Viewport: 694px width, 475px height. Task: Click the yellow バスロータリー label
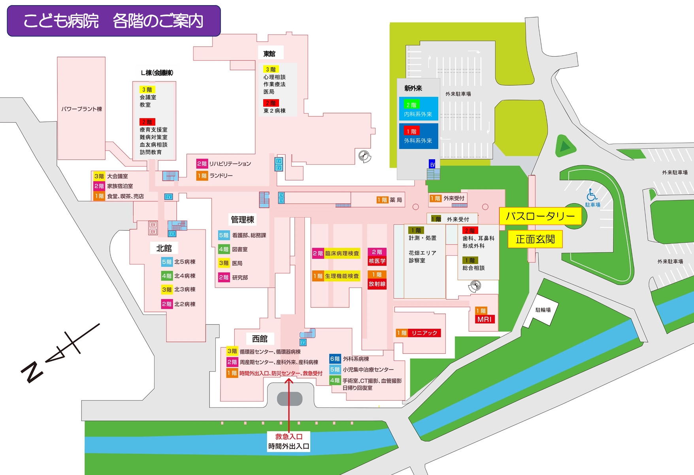click(x=540, y=216)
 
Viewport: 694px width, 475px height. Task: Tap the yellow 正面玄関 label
click(x=535, y=239)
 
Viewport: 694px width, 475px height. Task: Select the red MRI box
click(x=485, y=319)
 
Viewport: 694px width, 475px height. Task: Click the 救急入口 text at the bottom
click(x=289, y=437)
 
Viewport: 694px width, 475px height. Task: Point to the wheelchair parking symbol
click(x=592, y=195)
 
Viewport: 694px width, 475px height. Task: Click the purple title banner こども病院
click(x=114, y=21)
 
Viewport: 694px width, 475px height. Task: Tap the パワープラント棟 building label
click(x=81, y=109)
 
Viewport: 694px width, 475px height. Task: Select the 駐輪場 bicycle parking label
click(x=543, y=310)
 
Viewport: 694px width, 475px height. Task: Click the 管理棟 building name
click(x=242, y=220)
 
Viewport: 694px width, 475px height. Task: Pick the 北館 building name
click(x=164, y=248)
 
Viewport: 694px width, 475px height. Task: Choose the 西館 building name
click(x=260, y=339)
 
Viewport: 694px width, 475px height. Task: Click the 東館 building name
click(x=270, y=54)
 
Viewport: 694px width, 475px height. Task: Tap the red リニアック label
click(x=424, y=333)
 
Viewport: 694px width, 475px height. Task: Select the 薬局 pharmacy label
click(x=396, y=200)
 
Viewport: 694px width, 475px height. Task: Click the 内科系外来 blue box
click(x=418, y=114)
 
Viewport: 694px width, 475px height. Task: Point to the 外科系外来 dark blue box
click(x=418, y=141)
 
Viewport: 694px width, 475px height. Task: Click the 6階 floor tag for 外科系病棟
click(x=335, y=359)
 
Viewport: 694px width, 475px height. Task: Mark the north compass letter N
click(x=32, y=372)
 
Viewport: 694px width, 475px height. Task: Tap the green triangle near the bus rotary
click(x=564, y=146)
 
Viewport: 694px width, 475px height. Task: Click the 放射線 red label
click(x=377, y=284)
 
